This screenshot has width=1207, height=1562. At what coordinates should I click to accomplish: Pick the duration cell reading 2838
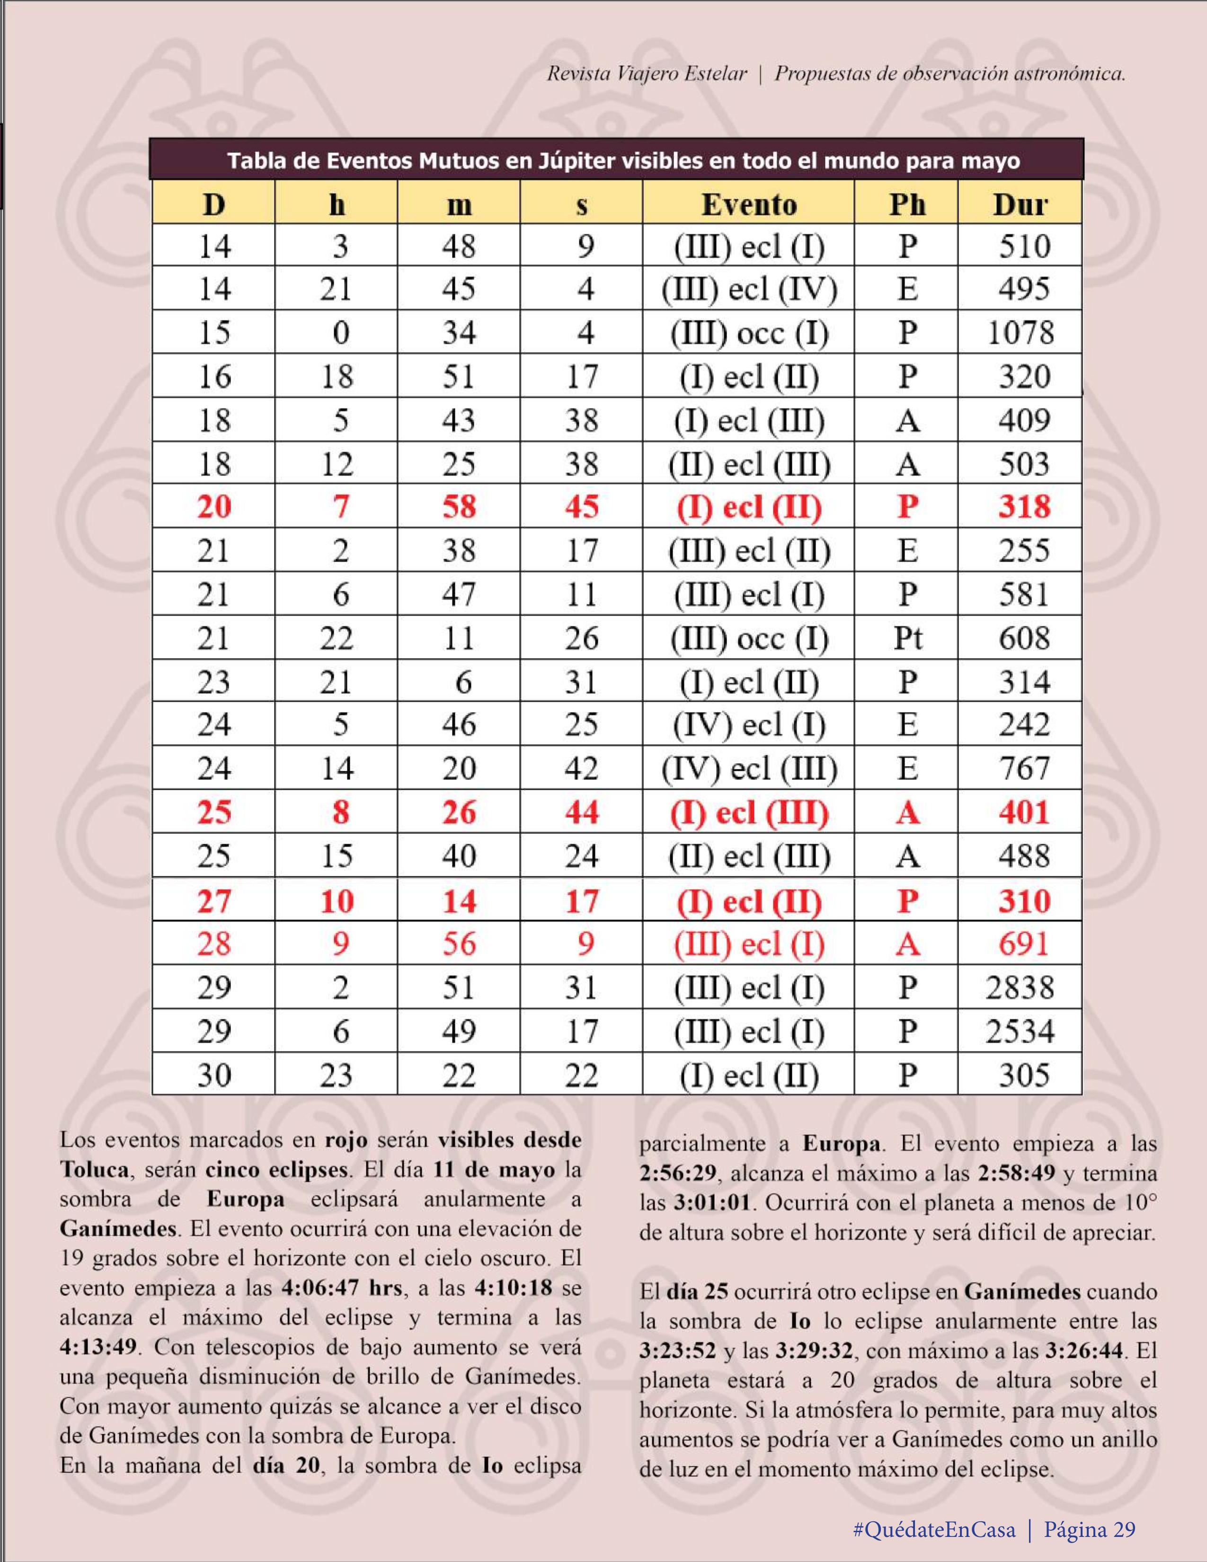click(x=1020, y=988)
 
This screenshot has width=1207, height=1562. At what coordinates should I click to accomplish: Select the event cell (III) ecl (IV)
click(x=748, y=289)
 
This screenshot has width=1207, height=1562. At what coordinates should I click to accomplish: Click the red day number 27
click(x=214, y=901)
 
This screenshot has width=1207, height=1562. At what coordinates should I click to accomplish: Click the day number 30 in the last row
click(x=214, y=1076)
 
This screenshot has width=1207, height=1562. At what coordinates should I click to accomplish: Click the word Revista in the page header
click(x=577, y=74)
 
